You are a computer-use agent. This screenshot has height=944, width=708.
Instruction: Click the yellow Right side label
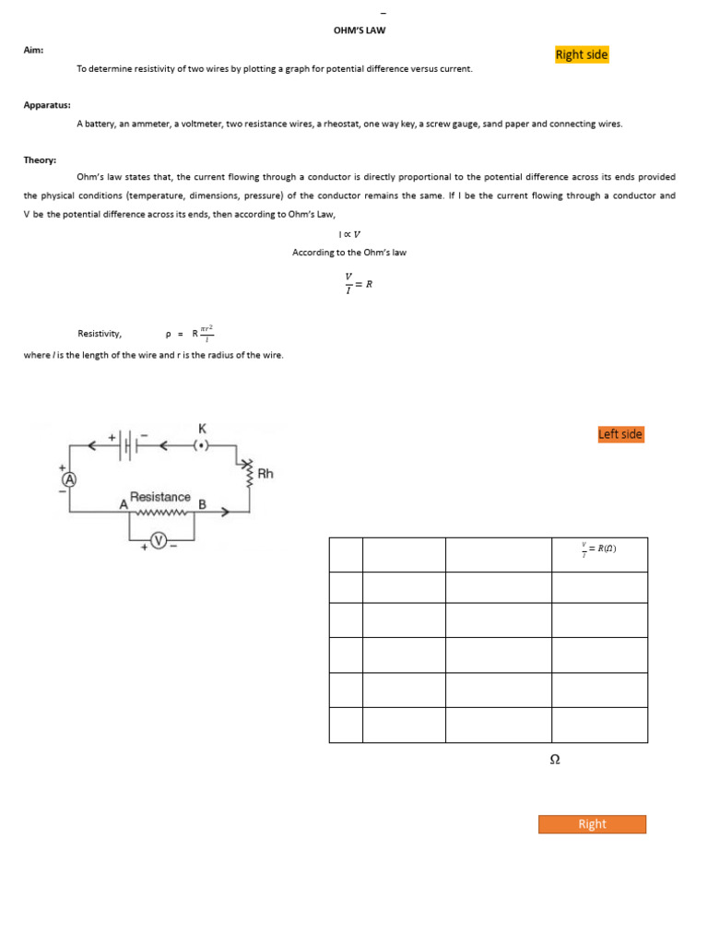click(x=582, y=55)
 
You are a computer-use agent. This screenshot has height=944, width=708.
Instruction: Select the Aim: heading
click(x=33, y=50)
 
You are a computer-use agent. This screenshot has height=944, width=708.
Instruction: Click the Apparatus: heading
click(x=47, y=105)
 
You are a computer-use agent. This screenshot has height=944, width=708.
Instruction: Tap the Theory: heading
click(x=40, y=159)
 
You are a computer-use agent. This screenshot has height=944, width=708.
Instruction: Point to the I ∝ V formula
click(x=349, y=234)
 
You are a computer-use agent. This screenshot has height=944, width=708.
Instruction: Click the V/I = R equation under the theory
click(x=358, y=284)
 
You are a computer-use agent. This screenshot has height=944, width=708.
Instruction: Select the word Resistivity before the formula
click(x=100, y=334)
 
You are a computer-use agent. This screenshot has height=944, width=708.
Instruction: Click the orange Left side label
click(x=620, y=434)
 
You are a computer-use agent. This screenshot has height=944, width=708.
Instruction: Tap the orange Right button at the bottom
click(x=592, y=824)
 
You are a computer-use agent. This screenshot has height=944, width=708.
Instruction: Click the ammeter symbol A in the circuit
click(x=68, y=480)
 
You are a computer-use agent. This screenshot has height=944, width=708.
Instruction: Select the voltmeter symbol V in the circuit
click(x=159, y=541)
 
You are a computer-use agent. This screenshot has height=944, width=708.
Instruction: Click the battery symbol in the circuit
click(x=129, y=445)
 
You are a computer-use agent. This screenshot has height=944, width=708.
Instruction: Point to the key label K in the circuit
click(x=202, y=429)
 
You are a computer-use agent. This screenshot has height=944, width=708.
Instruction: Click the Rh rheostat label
click(x=265, y=474)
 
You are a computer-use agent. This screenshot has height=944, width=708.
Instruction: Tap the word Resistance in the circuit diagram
click(x=160, y=497)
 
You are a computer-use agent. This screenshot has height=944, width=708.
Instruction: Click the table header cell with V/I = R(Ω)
click(x=599, y=550)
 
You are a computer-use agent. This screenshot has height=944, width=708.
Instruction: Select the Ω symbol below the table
click(x=555, y=760)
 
